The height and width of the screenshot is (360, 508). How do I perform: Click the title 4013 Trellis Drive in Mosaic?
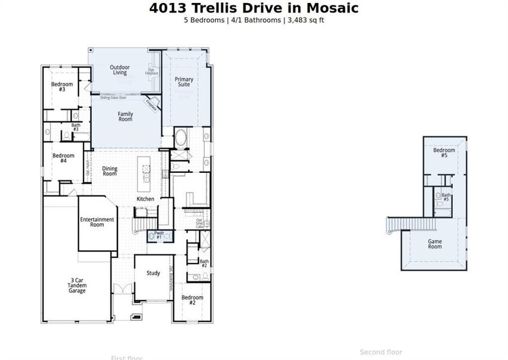(254, 8)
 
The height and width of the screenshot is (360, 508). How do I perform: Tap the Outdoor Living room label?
(120, 70)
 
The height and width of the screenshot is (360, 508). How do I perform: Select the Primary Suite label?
(184, 82)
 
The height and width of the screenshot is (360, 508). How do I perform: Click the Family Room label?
(125, 116)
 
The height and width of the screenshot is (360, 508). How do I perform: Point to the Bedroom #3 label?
(62, 86)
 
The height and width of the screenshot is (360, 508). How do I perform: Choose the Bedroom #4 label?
(63, 158)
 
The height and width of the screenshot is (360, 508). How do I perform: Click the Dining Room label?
(110, 171)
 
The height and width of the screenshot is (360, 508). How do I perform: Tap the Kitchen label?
(145, 199)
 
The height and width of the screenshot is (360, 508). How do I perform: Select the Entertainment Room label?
(97, 222)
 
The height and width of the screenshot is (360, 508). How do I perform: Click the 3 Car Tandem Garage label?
(77, 286)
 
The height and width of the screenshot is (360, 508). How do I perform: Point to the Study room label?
(154, 273)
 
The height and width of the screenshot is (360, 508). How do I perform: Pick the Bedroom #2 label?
(193, 300)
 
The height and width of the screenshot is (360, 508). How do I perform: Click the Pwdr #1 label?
(159, 235)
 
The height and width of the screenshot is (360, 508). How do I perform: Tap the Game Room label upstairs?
(435, 244)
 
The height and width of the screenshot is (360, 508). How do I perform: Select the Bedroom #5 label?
(444, 152)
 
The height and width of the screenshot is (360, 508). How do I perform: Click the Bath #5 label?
(446, 197)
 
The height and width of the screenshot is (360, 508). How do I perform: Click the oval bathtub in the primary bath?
(181, 139)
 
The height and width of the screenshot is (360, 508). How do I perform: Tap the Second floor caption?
(381, 352)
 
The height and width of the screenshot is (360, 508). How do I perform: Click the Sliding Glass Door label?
(113, 97)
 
